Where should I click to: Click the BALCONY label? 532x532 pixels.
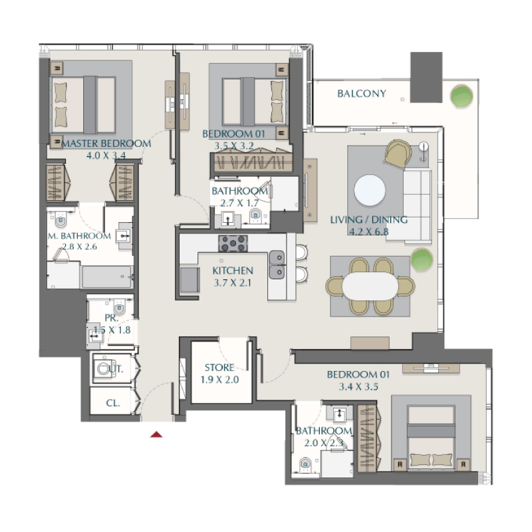tap(361, 94)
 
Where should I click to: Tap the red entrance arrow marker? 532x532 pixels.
tap(156, 435)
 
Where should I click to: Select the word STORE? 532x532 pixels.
tap(219, 368)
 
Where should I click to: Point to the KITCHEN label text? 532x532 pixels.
tap(232, 271)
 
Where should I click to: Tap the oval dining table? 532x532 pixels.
tap(370, 287)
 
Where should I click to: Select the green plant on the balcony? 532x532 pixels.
tap(462, 96)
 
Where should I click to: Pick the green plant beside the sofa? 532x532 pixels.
tap(420, 257)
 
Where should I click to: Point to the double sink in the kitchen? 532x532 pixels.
tap(277, 264)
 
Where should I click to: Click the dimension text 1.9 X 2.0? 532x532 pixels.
tap(219, 380)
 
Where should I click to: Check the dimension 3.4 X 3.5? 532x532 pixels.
tap(358, 387)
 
